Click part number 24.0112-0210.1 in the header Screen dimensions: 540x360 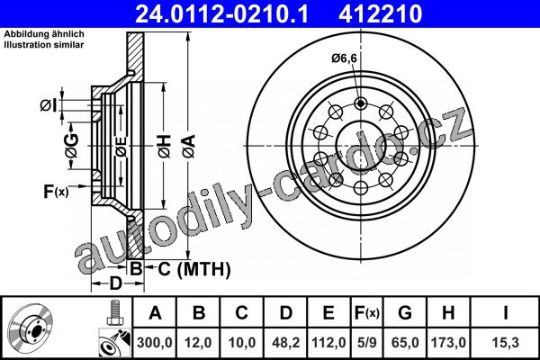222,13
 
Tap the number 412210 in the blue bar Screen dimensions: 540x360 381,13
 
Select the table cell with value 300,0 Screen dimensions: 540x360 155,343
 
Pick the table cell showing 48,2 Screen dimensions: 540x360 286,343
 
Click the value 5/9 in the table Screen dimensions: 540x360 367,343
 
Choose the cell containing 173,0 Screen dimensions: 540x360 448,343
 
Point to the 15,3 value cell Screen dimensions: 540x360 506,343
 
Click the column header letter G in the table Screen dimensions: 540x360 405,313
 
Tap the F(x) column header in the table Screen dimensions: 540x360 367,313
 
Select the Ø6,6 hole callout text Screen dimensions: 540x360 345,58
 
